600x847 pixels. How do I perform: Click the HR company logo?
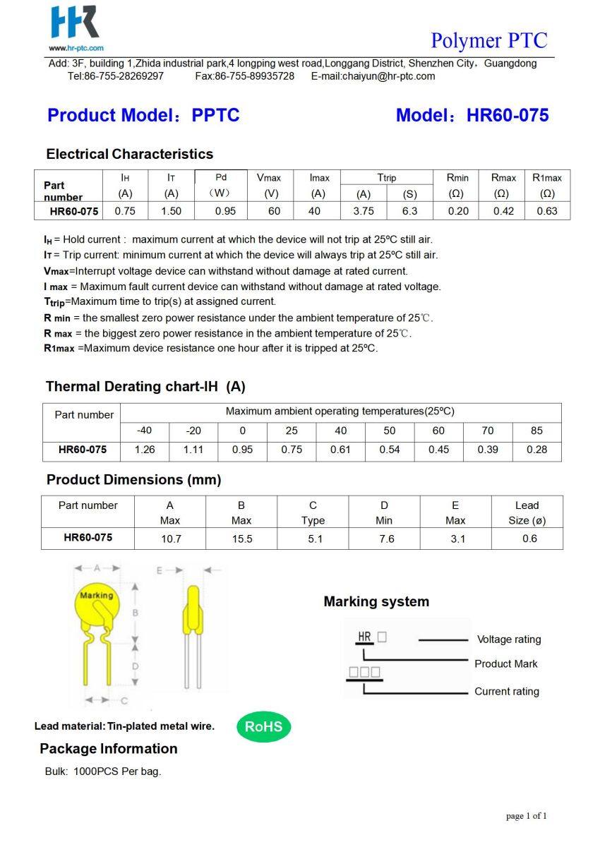(74, 23)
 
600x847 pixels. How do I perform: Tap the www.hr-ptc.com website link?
(76, 48)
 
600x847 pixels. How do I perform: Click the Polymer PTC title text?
(488, 40)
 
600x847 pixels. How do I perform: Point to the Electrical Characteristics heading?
(129, 154)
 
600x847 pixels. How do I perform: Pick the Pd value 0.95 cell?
(225, 211)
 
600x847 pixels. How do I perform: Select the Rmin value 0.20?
(458, 211)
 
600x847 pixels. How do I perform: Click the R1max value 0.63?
(547, 211)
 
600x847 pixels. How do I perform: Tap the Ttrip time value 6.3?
(409, 211)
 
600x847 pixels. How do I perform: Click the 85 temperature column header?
(536, 431)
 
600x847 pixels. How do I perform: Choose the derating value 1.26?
(144, 450)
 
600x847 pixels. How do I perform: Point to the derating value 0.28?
(536, 450)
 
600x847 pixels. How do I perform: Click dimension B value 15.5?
(241, 539)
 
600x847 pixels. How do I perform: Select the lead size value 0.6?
(529, 539)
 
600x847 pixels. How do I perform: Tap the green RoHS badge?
(263, 726)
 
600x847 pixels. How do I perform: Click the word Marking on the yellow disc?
(96, 596)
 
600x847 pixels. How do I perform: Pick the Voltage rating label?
(509, 639)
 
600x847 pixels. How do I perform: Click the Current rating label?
(506, 692)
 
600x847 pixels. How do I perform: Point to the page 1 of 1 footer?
(527, 816)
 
